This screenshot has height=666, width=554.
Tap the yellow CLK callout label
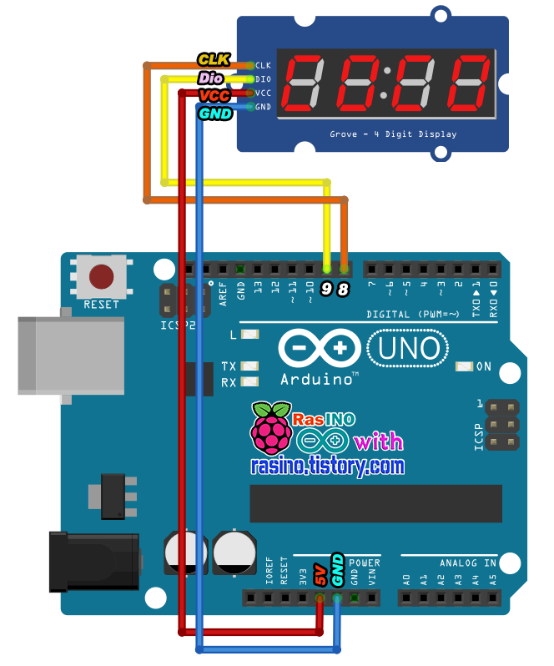214,59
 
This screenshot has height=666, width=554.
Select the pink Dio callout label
211,78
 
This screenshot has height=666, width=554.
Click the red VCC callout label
214,96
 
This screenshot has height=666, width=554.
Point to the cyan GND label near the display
214,114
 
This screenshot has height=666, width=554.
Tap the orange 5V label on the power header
320,575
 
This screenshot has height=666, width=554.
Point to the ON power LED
464,366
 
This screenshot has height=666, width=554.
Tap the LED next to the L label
249,335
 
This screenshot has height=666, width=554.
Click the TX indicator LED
249,366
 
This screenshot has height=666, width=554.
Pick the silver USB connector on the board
71,355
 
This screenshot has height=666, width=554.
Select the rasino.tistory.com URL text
328,466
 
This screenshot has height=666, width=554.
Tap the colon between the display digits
384,86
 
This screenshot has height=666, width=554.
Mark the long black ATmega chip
375,502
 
